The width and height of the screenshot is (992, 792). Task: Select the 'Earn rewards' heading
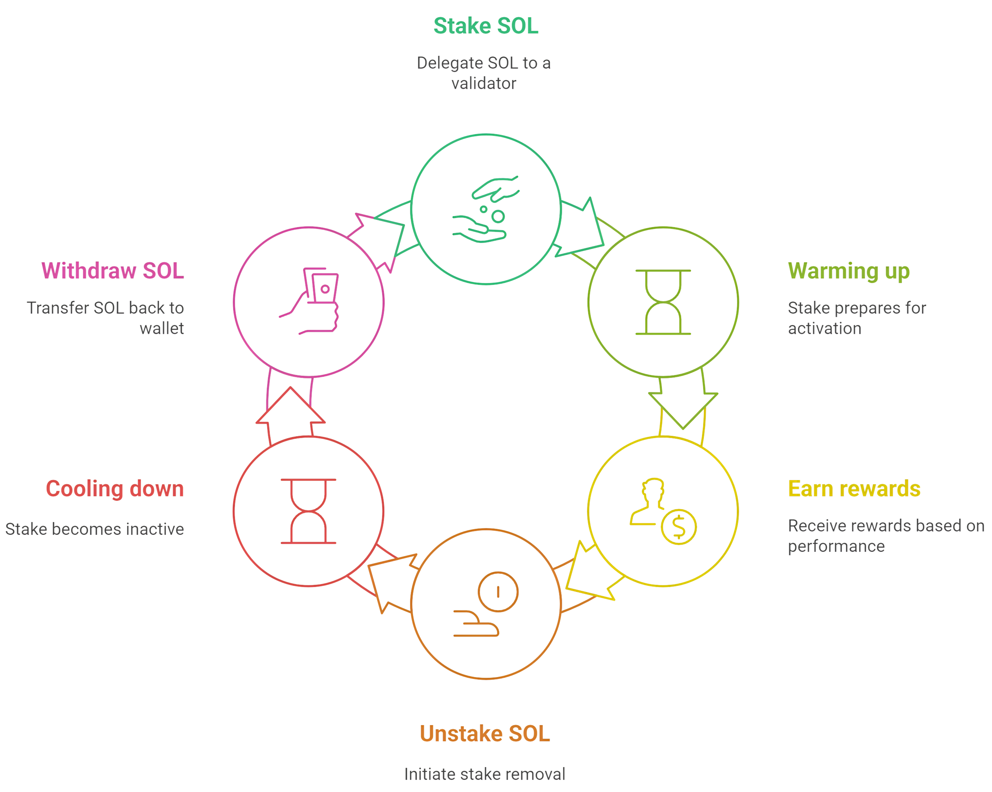(x=854, y=489)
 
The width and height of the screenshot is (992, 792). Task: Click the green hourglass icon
(x=663, y=302)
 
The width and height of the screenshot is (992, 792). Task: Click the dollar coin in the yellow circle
(x=679, y=527)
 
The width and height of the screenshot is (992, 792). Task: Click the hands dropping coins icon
(x=486, y=209)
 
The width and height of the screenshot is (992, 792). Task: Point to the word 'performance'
(x=836, y=546)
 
